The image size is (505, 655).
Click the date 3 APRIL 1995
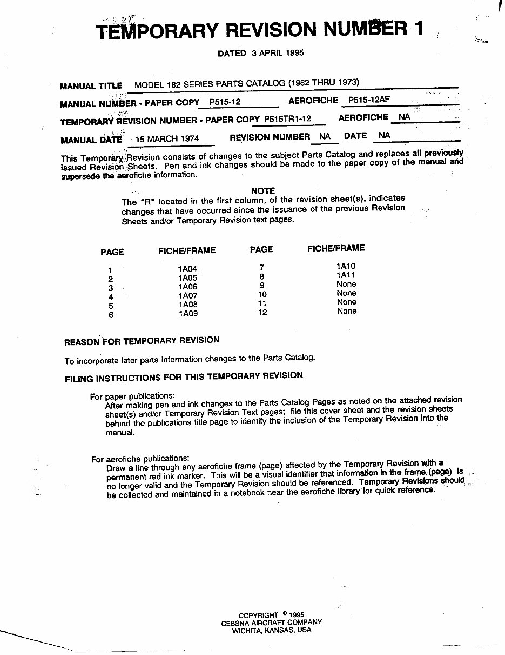tap(277, 53)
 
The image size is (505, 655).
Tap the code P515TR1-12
tap(288, 118)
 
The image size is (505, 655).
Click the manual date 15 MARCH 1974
tap(167, 138)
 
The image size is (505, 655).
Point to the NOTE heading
tap(263, 190)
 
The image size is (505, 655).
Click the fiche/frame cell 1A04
tap(188, 268)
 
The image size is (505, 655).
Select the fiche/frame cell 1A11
tap(346, 275)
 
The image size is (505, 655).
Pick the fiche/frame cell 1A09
tap(188, 313)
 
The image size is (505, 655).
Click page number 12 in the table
tap(262, 312)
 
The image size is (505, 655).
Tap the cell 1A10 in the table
tap(346, 266)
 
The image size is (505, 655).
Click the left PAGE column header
tap(112, 252)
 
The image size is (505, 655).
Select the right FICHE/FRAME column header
tap(336, 248)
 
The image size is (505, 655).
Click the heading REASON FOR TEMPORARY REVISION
tap(142, 341)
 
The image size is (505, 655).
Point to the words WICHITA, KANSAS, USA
tap(272, 630)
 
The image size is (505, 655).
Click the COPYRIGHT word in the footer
tap(258, 615)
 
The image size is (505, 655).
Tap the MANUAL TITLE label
tap(91, 85)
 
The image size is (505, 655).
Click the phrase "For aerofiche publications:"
tap(140, 459)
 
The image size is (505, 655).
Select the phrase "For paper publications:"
tap(132, 396)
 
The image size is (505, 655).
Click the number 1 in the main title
tap(418, 28)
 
